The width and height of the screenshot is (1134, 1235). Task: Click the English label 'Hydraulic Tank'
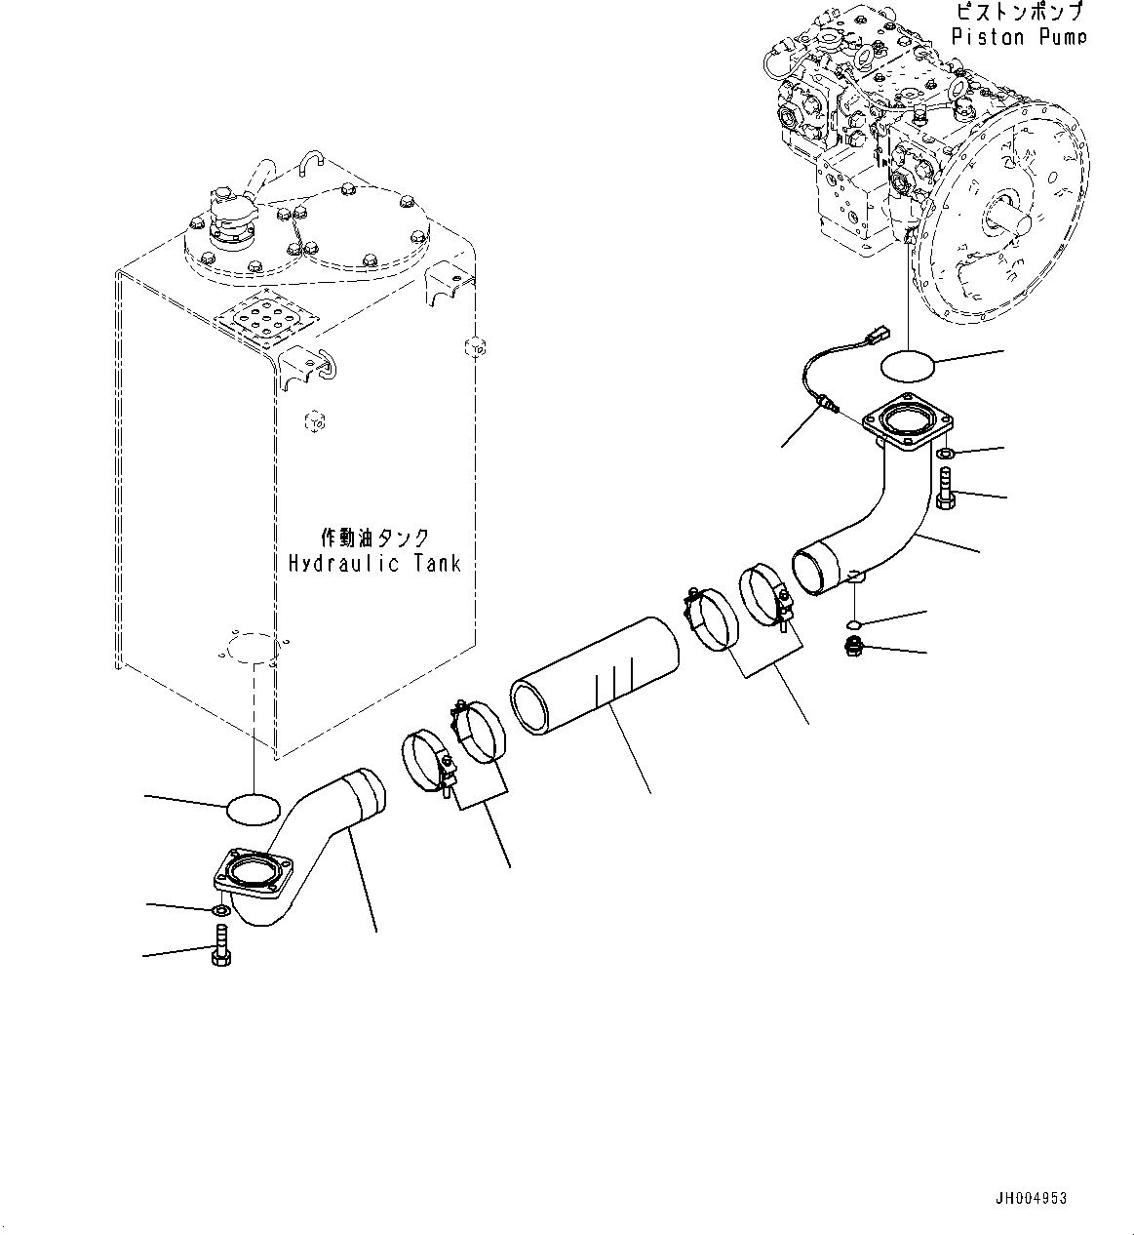click(374, 563)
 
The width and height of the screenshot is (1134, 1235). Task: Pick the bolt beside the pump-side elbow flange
click(944, 488)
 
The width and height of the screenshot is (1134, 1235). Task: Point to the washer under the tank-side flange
click(220, 910)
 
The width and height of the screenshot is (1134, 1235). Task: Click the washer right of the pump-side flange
click(945, 454)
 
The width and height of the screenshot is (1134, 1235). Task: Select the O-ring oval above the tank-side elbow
click(253, 808)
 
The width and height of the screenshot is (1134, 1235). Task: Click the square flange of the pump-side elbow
click(906, 426)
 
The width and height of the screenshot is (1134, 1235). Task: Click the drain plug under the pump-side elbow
click(853, 645)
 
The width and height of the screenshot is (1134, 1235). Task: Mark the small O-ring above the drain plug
click(852, 623)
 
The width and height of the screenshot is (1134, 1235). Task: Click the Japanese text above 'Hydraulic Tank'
click(374, 538)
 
